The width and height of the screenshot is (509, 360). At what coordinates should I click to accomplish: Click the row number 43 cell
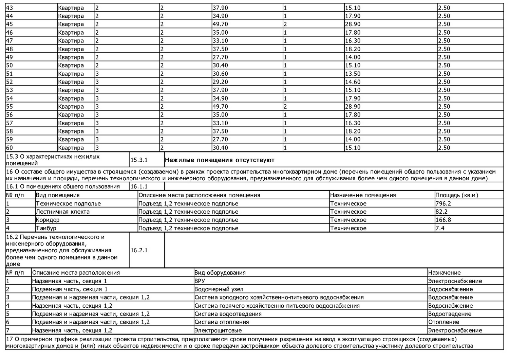10,8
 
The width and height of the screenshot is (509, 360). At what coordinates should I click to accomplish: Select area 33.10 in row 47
220,41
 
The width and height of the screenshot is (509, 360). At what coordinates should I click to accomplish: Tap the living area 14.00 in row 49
353,57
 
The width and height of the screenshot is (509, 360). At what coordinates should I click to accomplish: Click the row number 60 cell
10,148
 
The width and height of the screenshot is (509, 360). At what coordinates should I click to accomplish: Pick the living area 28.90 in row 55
353,107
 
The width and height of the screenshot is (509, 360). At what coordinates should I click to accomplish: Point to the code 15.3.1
139,160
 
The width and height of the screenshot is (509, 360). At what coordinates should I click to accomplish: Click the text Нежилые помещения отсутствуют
220,160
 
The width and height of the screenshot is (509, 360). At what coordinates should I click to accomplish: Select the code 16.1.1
139,186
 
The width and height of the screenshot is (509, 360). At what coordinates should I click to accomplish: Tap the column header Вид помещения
58,195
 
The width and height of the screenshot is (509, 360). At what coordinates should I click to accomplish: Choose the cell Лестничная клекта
63,212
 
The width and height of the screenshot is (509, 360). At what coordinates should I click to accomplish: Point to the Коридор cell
48,220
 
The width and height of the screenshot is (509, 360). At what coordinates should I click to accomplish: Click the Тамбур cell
46,228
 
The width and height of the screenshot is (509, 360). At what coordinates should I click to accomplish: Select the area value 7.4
440,228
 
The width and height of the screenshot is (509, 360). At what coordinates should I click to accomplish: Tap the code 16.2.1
139,250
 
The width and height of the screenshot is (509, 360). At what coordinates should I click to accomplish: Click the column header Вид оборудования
220,273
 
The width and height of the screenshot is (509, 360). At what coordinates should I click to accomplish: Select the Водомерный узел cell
219,289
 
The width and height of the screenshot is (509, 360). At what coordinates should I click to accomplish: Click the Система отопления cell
222,322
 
